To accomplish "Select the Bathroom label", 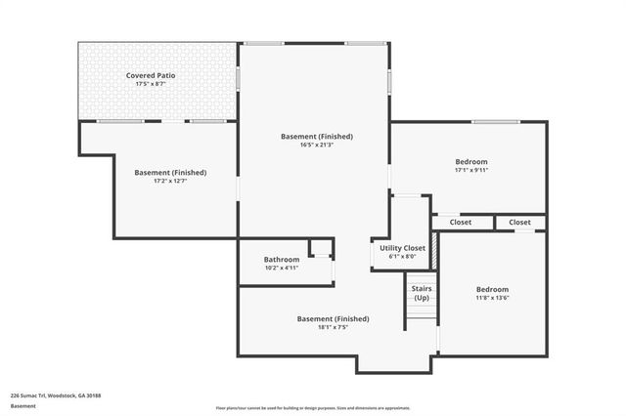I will pos(281,259).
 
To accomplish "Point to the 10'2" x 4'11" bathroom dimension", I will pos(281,268).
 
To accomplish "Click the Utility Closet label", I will pos(401,248).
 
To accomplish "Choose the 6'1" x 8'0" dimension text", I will pos(401,257).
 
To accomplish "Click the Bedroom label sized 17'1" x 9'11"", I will pos(470,161).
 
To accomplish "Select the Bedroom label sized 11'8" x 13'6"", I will pos(492,289).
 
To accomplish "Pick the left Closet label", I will pos(460,223).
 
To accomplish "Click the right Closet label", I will pos(518,223).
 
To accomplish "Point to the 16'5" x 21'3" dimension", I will pos(317,146).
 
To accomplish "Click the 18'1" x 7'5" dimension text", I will pos(333,328).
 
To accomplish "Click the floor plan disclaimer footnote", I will pos(313,407).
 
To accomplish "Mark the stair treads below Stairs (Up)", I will pos(422,317).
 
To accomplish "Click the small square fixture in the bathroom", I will pos(320,248).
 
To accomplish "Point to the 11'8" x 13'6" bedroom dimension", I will pos(492,298).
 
